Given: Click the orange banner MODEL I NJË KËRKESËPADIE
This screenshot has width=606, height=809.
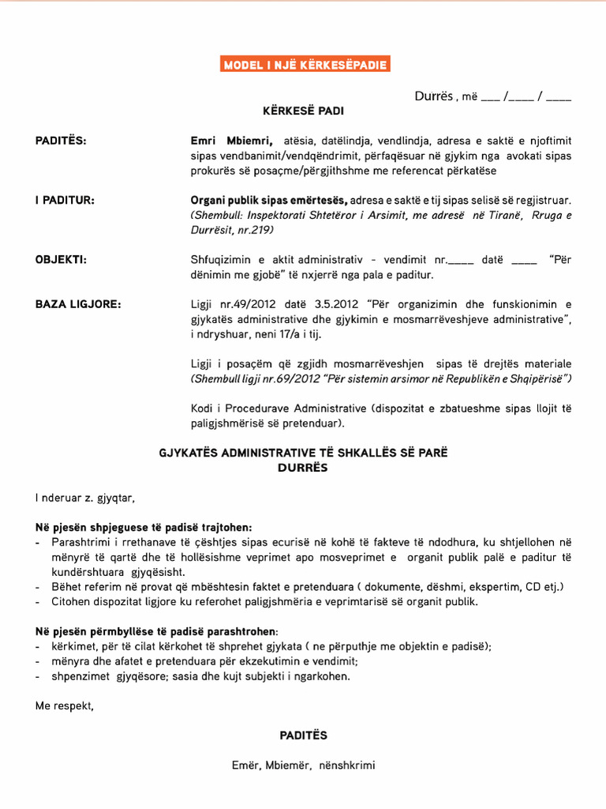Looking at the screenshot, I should click(x=305, y=64).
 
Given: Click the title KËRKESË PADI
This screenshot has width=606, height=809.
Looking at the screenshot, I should click(x=303, y=111).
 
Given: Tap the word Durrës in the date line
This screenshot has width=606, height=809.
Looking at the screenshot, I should click(x=433, y=96).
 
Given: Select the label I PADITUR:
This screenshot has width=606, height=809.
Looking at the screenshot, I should click(x=65, y=200).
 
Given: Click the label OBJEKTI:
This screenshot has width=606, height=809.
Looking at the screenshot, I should click(x=61, y=259).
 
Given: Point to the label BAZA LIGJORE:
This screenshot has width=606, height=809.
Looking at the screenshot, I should click(x=78, y=304).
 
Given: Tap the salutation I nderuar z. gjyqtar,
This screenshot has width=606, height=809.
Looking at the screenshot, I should click(x=85, y=498).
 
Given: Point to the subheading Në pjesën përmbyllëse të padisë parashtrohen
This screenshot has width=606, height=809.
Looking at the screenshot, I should click(x=156, y=631).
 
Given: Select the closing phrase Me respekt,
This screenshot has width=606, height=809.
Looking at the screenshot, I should click(x=65, y=706).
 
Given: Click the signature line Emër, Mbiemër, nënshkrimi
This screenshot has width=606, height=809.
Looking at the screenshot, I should click(x=304, y=765).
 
